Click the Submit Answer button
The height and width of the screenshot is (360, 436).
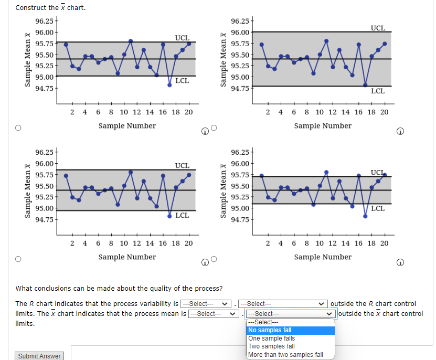pos(39,356)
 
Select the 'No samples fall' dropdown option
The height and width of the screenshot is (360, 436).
pos(290,330)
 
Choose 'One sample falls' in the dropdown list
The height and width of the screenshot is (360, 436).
pos(290,338)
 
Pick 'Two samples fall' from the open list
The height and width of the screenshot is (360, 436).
pos(290,346)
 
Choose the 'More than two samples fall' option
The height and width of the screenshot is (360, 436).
pos(290,355)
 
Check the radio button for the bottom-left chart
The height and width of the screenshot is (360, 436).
pos(18,259)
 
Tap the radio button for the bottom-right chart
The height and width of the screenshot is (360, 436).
pos(214,259)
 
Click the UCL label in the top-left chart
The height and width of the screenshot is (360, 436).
pos(182,38)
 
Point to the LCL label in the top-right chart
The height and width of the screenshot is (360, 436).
pos(378,91)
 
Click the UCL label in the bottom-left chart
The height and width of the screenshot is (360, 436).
pos(182,165)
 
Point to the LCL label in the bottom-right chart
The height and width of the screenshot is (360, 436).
pos(378,208)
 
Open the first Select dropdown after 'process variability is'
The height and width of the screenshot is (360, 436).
pos(206,304)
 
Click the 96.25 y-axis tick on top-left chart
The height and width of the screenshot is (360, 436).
pos(43,21)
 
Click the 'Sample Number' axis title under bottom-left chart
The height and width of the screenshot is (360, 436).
pos(127,257)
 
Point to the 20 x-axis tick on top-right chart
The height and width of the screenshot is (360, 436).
pos(384,112)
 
